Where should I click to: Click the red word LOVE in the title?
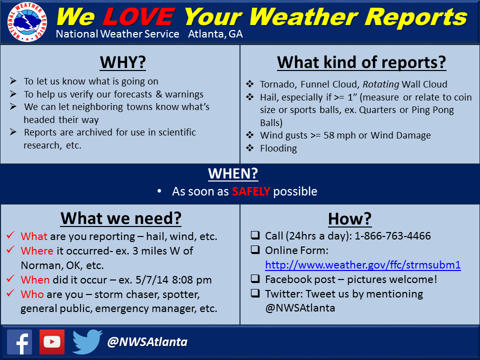click(138, 17)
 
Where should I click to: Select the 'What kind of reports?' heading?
click(361, 62)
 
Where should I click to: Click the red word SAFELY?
click(251, 191)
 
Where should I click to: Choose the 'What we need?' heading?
click(120, 218)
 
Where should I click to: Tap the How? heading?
click(349, 218)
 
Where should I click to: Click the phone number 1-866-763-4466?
click(393, 236)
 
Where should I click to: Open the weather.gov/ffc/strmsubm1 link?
click(362, 265)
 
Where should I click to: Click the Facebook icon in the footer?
click(19, 342)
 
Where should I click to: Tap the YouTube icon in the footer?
click(52, 342)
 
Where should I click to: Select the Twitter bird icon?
click(87, 342)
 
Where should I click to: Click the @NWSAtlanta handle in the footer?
click(147, 342)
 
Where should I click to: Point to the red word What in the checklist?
click(34, 236)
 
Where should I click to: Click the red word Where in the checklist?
click(37, 250)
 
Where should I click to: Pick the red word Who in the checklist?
click(32, 294)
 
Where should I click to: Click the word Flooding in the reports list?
click(278, 148)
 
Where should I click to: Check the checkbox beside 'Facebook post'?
click(255, 279)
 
